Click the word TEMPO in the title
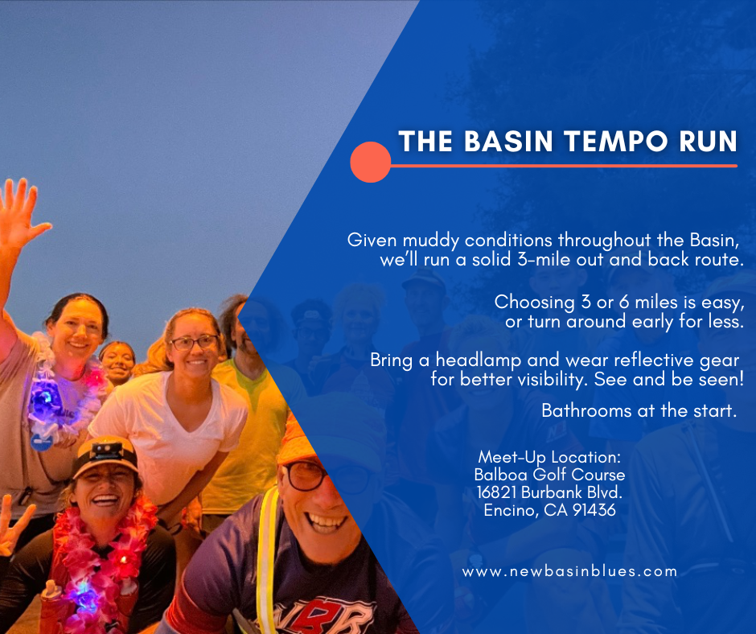coord(616,142)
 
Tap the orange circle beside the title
coord(370,162)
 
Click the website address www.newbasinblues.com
coord(569,572)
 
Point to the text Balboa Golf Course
coord(549,475)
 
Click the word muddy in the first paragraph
coord(430,241)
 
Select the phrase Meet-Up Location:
coord(549,457)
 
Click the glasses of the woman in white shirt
coord(195,343)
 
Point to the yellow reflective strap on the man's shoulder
coord(267,555)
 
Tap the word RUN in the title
coord(708,142)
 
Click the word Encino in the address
coord(511,510)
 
